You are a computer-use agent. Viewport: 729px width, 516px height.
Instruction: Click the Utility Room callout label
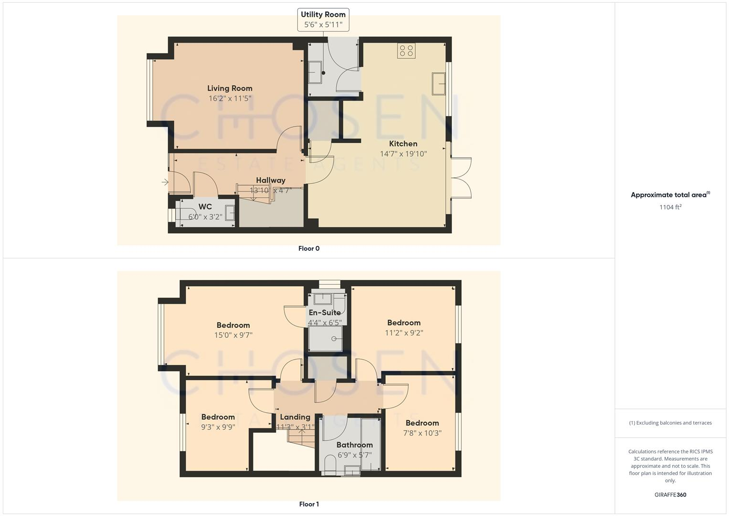point(323,20)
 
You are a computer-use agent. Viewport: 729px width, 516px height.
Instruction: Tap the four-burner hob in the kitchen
point(406,51)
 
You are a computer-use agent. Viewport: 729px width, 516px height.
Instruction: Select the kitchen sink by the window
point(439,84)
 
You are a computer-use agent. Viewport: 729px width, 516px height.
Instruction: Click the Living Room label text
point(230,88)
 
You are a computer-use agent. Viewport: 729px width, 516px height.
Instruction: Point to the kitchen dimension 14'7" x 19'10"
point(403,154)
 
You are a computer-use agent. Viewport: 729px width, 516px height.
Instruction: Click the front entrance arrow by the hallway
point(165,182)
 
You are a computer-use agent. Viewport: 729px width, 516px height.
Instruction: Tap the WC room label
point(205,207)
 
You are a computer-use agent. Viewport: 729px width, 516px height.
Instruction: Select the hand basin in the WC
point(230,213)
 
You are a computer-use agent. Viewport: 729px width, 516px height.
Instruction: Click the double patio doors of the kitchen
point(460,178)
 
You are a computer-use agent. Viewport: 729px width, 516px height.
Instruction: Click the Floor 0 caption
point(309,248)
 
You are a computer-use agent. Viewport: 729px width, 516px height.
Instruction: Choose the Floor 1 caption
point(309,504)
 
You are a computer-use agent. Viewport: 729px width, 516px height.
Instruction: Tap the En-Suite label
point(325,312)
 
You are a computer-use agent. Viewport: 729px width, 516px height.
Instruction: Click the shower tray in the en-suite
point(325,339)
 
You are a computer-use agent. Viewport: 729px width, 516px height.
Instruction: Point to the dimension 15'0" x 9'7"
point(233,335)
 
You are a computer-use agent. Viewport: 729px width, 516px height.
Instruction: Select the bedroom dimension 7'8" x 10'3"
point(422,433)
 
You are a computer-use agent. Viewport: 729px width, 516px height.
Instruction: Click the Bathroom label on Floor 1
point(354,445)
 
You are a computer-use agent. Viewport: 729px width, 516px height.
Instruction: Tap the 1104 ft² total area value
point(670,207)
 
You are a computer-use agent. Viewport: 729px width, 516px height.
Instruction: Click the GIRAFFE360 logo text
point(670,495)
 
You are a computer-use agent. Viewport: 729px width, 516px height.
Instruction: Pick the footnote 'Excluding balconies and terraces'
point(670,423)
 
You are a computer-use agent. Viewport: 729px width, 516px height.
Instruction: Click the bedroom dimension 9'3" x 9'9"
point(218,427)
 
